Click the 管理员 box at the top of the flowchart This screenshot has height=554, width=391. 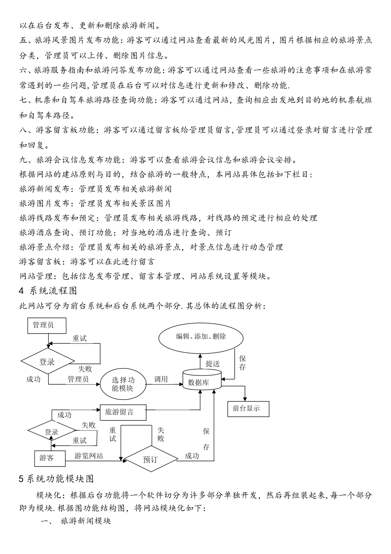[43, 325]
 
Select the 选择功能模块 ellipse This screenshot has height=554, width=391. [123, 384]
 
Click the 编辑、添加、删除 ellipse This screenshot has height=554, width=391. [201, 336]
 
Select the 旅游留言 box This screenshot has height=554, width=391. [123, 411]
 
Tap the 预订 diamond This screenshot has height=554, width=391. [150, 459]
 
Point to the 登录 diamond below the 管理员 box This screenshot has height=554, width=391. [47, 362]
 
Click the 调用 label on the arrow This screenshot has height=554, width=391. [161, 379]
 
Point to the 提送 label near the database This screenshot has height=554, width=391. [212, 364]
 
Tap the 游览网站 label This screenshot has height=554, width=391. [88, 456]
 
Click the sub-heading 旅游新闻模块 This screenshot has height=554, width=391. [86, 521]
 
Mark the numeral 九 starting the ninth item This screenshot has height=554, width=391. [23, 160]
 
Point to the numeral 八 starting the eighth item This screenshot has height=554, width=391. [23, 130]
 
